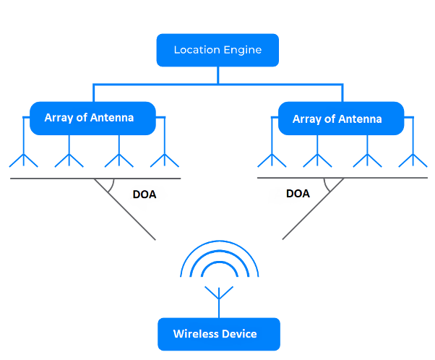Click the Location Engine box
tap(217, 50)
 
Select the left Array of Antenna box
tap(92, 118)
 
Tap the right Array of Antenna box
tap(340, 118)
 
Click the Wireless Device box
tap(218, 334)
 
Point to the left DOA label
tap(145, 194)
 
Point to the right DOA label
tap(298, 193)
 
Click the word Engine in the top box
tap(242, 51)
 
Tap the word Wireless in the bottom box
tap(194, 334)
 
